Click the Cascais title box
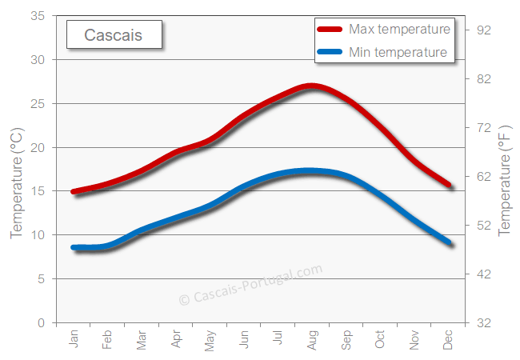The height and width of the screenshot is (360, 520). pos(114,35)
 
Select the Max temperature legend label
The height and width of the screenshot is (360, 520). pos(399,30)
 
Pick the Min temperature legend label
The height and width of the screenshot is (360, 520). pos(398,53)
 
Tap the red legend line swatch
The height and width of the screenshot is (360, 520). pos(330,30)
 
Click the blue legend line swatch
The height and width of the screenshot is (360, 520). pos(330,54)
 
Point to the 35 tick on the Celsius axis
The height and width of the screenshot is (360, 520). pos(37,16)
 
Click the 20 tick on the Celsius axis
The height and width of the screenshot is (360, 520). pos(37,147)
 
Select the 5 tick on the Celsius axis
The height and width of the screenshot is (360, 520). pos(41,278)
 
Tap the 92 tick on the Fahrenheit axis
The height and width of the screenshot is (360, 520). pos(482,30)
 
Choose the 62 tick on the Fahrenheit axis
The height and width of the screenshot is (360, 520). pos(482,177)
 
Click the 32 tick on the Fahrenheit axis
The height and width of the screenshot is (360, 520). pos(482,322)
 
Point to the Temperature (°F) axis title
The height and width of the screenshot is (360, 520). pos(504,180)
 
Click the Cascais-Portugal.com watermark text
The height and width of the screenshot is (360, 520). pos(250,285)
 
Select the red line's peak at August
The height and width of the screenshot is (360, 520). pos(312,86)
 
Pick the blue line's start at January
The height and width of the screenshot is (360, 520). pos(74,248)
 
